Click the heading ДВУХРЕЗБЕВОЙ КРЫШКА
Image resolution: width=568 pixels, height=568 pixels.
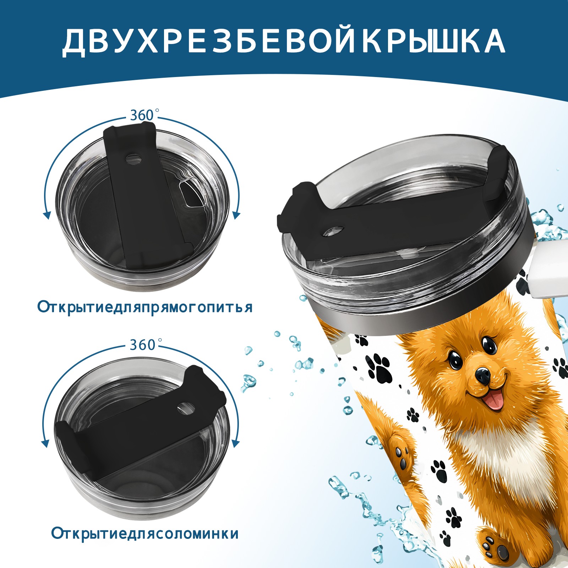[x=284, y=42]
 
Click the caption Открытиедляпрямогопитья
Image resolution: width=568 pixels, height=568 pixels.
[x=145, y=307]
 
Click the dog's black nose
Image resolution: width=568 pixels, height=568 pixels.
[x=482, y=374]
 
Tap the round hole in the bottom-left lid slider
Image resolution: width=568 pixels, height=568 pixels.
[x=185, y=408]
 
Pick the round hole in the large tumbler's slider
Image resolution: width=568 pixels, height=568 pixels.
[x=334, y=231]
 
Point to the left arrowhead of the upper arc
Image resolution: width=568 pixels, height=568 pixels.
[x=46, y=215]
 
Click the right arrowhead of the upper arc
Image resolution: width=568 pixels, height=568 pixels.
[x=236, y=215]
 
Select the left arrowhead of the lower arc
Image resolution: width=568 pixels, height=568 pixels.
[x=45, y=444]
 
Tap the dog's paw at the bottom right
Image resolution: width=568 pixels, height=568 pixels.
[x=496, y=549]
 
